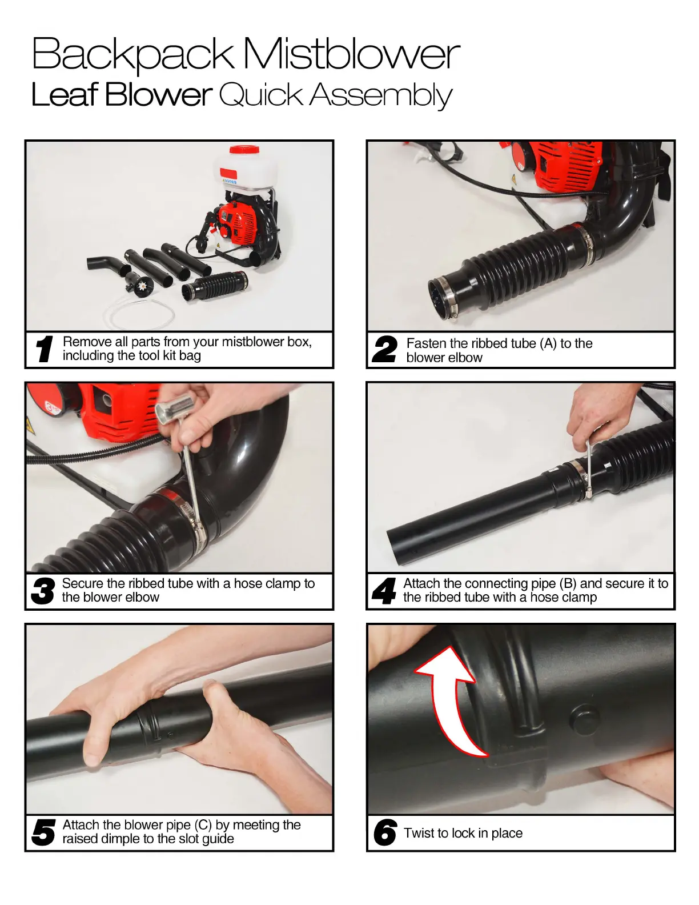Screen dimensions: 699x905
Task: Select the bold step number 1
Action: coord(44,349)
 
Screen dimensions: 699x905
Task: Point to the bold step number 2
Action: coord(385,349)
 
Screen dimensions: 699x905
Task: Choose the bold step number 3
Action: coord(43,591)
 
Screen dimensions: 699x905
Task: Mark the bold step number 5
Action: coord(43,832)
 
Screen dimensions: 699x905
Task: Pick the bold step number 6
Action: coord(385,832)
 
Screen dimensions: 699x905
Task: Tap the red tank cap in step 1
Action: coord(244,149)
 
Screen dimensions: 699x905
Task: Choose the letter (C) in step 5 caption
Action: coord(203,824)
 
